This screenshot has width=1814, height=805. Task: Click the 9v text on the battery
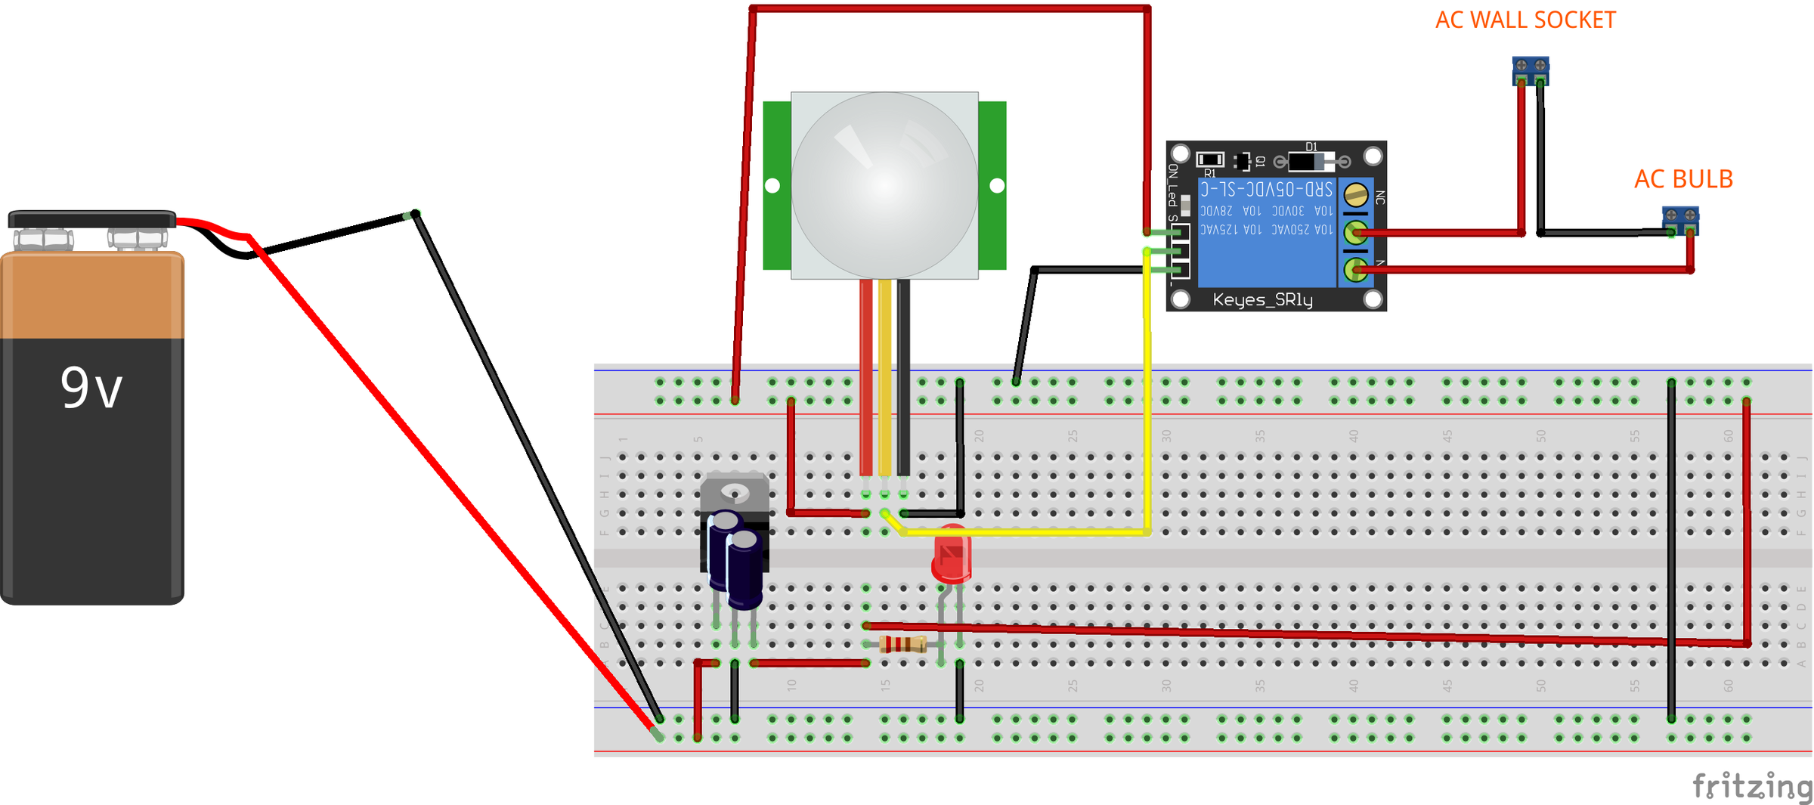coord(91,389)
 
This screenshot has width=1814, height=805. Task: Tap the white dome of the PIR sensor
coord(884,185)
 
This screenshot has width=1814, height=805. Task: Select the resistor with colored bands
coord(903,644)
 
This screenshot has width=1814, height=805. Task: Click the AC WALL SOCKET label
coord(1525,20)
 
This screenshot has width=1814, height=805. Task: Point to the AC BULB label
coord(1682,180)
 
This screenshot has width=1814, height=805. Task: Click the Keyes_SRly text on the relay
coord(1262,300)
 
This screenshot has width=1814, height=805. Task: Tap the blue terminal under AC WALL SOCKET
coord(1531,70)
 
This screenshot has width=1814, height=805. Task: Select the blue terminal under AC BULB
coord(1680,220)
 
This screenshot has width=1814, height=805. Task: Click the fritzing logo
coord(1751,786)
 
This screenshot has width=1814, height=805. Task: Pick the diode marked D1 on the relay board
coord(1311,161)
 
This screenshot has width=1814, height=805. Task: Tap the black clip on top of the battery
coord(91,219)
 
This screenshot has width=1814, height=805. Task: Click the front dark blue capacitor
coord(744,571)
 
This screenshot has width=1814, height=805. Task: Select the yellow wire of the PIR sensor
coord(884,378)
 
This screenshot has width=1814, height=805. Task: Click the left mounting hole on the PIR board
coord(772,185)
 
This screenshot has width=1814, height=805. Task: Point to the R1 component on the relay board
coord(1209,159)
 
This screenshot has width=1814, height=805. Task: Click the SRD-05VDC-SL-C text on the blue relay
coord(1266,189)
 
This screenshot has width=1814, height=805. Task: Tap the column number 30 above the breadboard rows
coord(1166,436)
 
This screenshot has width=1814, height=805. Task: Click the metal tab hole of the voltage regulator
coord(734,493)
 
